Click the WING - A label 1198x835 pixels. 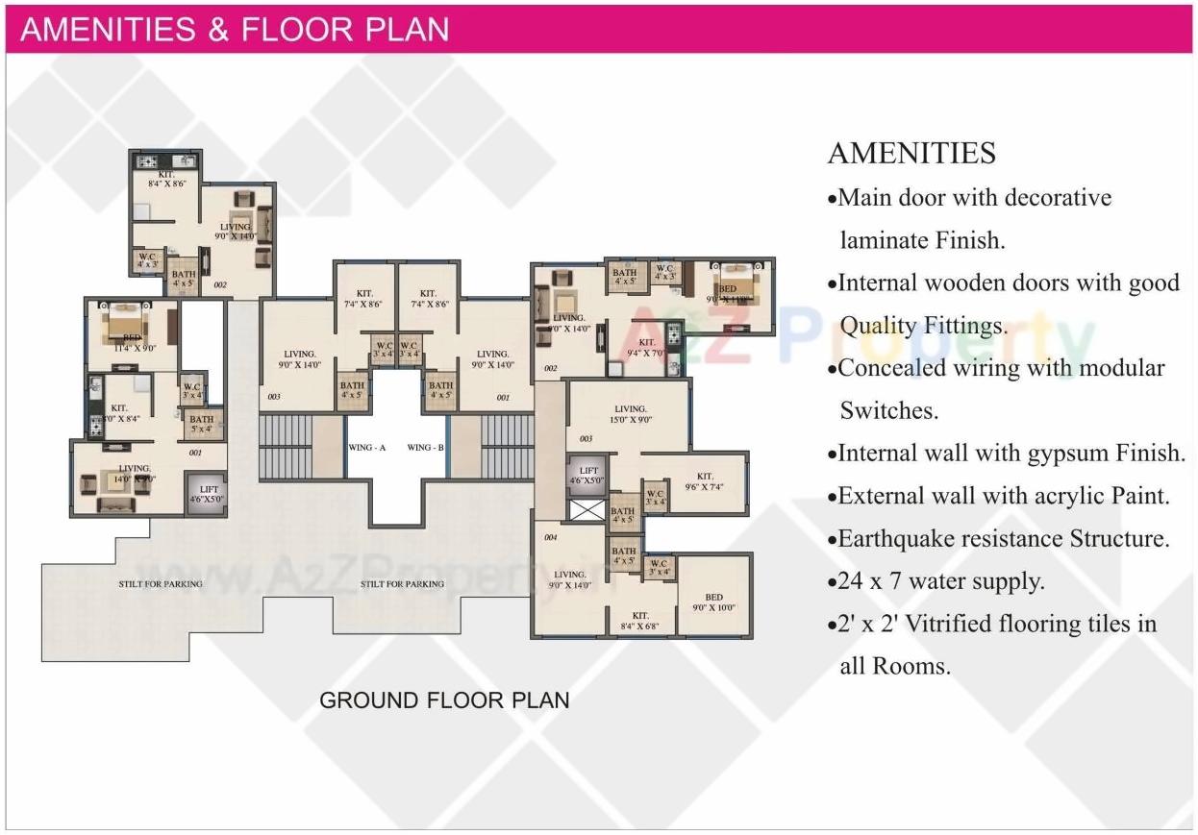point(367,448)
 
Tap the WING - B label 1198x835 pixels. point(425,448)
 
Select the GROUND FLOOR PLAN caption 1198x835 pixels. point(444,700)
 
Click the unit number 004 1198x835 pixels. point(551,538)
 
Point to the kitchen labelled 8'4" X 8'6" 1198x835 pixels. point(166,179)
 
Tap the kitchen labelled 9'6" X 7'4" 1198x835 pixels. point(705,481)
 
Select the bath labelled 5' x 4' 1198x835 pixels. point(202,424)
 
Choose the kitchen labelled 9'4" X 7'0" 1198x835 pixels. point(647,347)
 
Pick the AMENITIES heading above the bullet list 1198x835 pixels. point(911,154)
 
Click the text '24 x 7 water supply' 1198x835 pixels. point(940,581)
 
